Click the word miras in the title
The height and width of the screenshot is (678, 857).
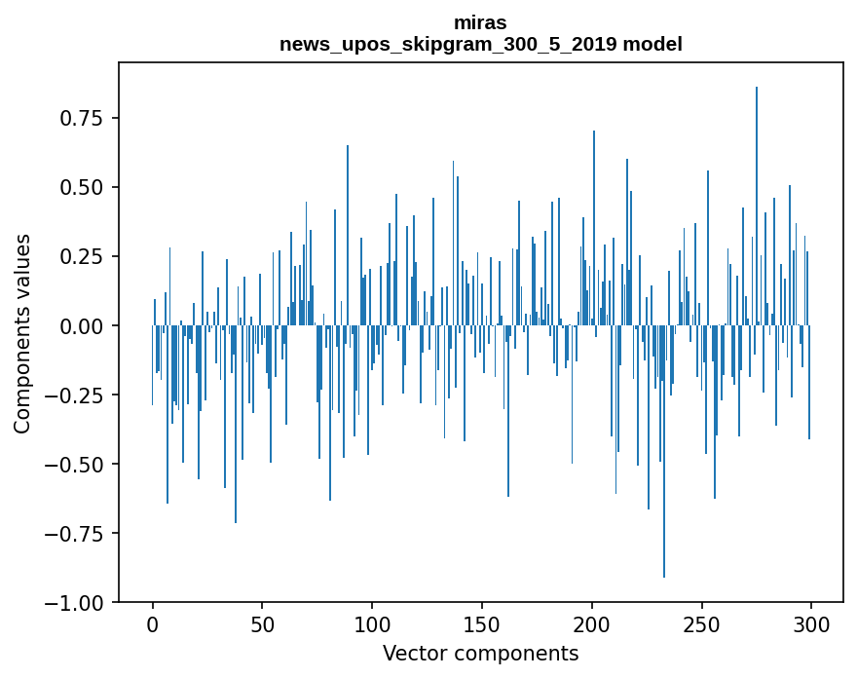click(x=480, y=22)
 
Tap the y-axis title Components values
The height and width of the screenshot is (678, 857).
click(x=22, y=333)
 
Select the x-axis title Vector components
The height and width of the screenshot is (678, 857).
click(x=480, y=653)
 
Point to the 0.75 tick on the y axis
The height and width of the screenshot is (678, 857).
click(x=88, y=118)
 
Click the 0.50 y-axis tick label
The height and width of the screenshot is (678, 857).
click(x=88, y=187)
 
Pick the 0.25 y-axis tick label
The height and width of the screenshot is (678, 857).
click(x=88, y=256)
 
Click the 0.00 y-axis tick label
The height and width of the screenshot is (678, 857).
click(x=88, y=325)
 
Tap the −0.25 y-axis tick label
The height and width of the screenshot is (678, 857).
click(x=82, y=395)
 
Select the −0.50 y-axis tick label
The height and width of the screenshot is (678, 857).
click(x=82, y=464)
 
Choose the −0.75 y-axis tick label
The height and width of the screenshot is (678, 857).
click(x=82, y=533)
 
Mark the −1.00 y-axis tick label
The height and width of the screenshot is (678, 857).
click(x=82, y=603)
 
